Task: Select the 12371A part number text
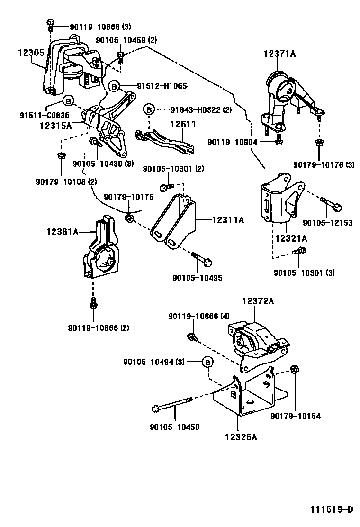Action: point(279,55)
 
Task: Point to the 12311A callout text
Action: point(227,220)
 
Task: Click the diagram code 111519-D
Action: point(332,510)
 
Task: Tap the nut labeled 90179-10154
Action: point(294,370)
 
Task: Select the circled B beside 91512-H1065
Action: point(114,86)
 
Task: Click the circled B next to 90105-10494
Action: point(207,362)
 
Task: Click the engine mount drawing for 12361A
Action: point(100,251)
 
